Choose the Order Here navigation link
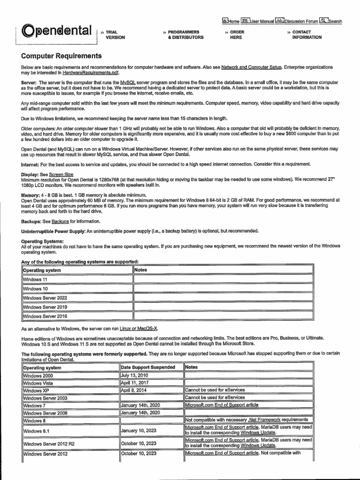pos(237,35)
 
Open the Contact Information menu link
pos(307,35)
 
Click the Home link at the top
pos(230,21)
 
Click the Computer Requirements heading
pos(61,56)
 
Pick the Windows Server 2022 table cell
pos(45,298)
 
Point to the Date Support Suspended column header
pos(148,367)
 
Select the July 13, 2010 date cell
pos(135,375)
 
